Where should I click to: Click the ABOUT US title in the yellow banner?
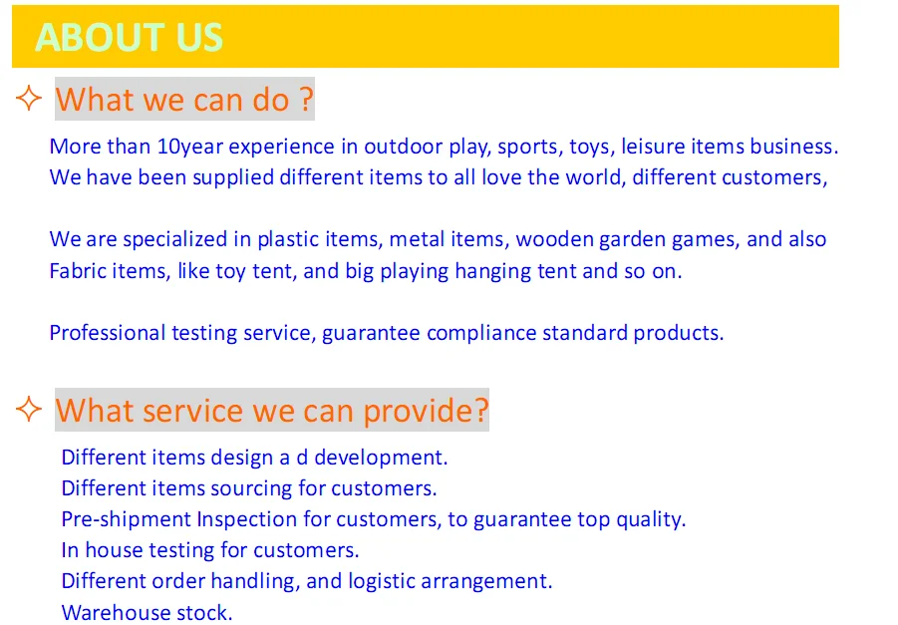coord(129,38)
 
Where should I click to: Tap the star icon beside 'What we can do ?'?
coord(29,98)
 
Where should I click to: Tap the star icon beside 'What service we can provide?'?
coord(29,409)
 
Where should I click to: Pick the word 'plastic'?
coord(288,239)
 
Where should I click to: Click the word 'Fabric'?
coord(79,270)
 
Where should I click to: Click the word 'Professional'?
coord(107,332)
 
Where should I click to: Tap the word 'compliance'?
coord(481,333)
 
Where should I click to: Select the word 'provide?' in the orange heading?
coord(427,410)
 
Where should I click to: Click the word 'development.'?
coord(381,458)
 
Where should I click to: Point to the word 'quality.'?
coord(651,519)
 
